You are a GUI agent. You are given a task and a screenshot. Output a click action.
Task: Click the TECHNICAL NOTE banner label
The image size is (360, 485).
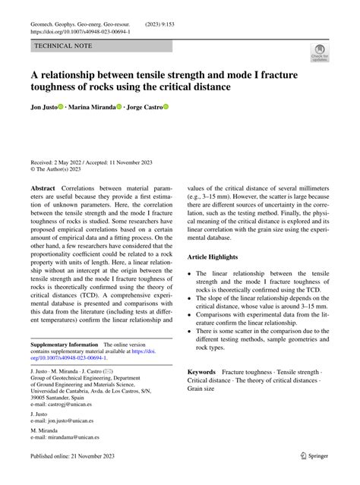(63, 46)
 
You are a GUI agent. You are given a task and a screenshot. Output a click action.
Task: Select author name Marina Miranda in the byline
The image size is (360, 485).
(91, 109)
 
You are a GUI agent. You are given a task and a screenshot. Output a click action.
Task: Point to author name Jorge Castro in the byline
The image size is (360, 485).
(144, 109)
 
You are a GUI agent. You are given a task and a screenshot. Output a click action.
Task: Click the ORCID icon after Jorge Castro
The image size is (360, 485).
(166, 109)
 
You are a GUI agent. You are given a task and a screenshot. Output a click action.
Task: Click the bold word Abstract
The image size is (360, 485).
(43, 187)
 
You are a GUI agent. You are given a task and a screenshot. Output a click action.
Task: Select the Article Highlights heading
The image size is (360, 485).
(219, 258)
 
